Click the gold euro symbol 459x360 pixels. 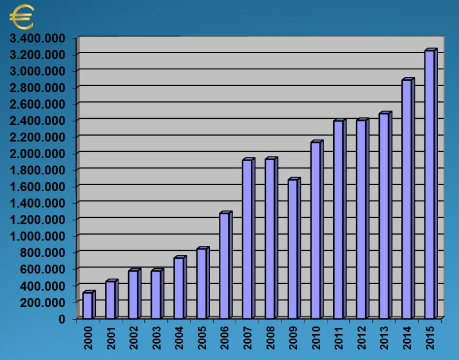tap(21, 17)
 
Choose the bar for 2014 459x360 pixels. tap(406, 199)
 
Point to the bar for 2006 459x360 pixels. tap(224, 265)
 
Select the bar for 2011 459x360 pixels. tap(338, 219)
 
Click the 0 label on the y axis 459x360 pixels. tap(62, 319)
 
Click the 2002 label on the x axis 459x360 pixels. tap(134, 339)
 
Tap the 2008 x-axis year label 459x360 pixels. tap(271, 339)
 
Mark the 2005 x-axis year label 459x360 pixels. tap(202, 339)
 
